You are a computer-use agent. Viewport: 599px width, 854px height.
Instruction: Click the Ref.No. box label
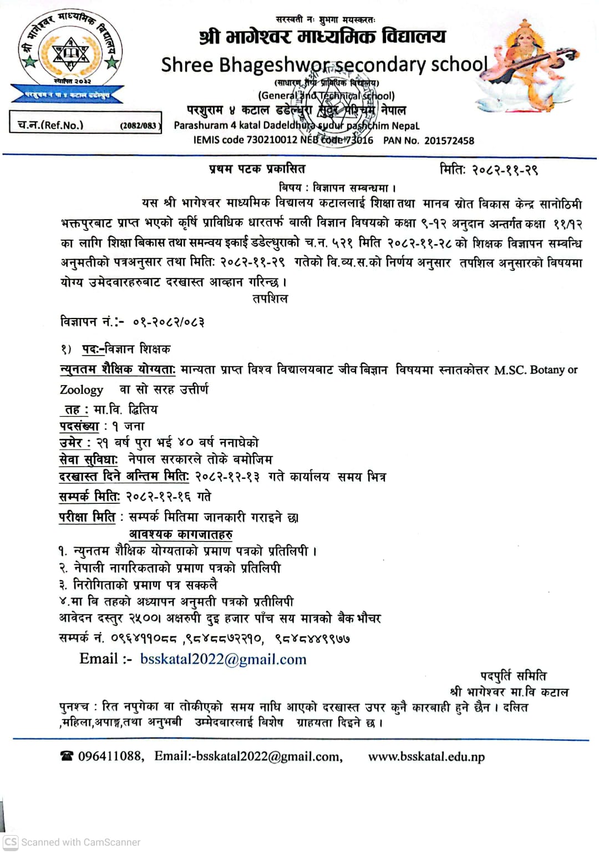coord(50,125)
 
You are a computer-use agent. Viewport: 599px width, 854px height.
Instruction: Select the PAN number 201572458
coord(449,141)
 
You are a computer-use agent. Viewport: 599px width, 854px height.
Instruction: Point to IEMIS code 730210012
coord(246,140)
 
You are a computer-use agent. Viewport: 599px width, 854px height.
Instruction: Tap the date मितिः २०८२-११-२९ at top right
coord(489,170)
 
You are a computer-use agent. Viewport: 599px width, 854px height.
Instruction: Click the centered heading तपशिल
coord(270,299)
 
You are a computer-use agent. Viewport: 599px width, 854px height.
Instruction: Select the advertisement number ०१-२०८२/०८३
coord(169,322)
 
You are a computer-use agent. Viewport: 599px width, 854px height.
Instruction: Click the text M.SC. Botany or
coord(536,370)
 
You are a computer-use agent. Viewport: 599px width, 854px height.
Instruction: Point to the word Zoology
coord(82,390)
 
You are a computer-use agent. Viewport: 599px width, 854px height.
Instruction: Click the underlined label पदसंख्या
coord(79,426)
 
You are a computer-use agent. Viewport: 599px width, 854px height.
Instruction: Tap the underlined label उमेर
coord(72,443)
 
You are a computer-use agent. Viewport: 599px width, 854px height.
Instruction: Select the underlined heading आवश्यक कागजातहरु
coord(181,534)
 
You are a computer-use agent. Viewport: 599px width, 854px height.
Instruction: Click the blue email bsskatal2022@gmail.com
coord(223,659)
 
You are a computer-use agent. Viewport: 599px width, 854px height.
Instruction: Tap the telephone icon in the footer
coord(67,756)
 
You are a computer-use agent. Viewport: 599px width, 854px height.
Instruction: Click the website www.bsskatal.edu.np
coord(426,757)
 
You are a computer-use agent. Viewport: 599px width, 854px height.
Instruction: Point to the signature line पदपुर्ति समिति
coord(513,676)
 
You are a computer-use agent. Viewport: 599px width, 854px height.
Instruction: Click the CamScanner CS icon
coord(11,842)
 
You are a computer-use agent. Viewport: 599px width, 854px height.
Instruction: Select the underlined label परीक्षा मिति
coord(87,517)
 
